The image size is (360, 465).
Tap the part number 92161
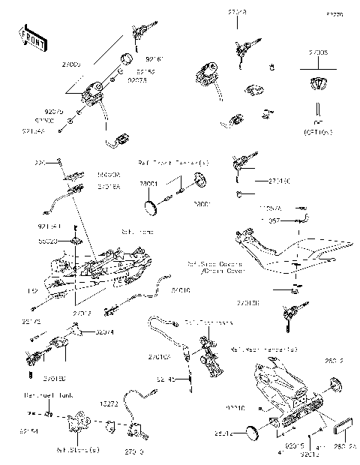154,57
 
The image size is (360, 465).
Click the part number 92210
235,408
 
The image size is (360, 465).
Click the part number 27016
180,289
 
